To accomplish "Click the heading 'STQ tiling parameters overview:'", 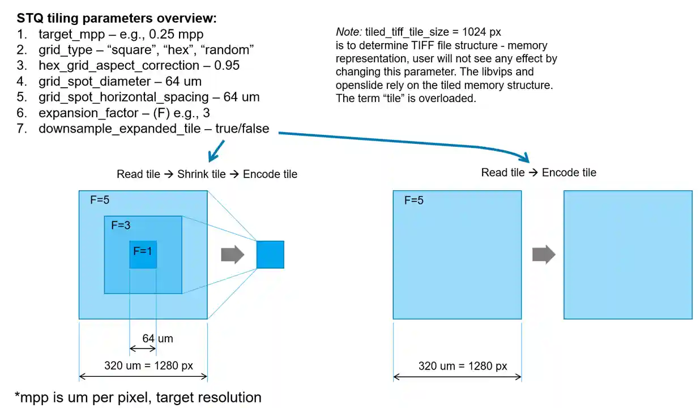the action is click(x=117, y=18).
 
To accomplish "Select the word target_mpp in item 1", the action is click(x=71, y=35).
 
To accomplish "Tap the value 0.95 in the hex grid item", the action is click(x=227, y=65).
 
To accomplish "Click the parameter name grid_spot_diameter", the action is click(x=95, y=82).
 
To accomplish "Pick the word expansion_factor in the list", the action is click(x=88, y=113).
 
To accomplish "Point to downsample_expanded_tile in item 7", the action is click(x=119, y=129).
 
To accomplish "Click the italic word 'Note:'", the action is click(x=349, y=32).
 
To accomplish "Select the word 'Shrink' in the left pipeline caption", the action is click(x=192, y=174).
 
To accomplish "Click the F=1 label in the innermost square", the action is click(x=143, y=251).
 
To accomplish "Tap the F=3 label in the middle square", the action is click(x=121, y=225).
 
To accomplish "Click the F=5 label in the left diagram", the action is click(x=100, y=200).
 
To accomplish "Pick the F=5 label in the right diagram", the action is click(x=414, y=200).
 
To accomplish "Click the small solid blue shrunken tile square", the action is click(x=270, y=254).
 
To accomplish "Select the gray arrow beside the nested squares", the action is click(x=233, y=254).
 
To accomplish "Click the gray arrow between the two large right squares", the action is click(x=544, y=254).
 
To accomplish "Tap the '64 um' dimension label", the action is click(x=157, y=338).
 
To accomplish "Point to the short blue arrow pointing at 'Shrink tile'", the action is click(x=216, y=151).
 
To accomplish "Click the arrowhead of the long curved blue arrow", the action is click(x=526, y=158).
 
